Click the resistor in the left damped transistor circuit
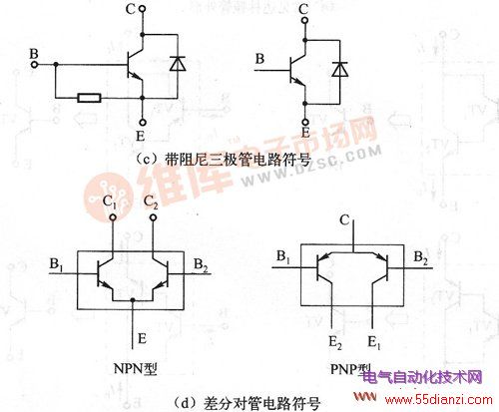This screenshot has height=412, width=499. [x=89, y=98]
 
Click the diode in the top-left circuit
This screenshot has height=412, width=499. [x=178, y=64]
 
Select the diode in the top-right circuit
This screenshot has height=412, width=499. [x=340, y=69]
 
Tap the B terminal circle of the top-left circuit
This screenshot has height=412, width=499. [x=34, y=64]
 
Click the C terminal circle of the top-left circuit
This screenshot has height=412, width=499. [x=143, y=9]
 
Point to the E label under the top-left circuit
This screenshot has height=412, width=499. [x=141, y=136]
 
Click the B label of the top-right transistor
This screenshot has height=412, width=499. [x=259, y=59]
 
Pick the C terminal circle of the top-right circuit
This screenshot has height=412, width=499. [x=304, y=21]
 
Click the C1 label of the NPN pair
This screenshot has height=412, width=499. [x=110, y=202]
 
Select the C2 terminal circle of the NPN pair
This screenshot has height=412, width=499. [x=153, y=217]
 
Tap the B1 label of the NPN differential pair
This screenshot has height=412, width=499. [x=57, y=265]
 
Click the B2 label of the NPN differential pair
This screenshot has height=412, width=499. [x=202, y=265]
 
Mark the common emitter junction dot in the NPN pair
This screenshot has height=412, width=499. [x=133, y=300]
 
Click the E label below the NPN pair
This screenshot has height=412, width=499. [x=142, y=339]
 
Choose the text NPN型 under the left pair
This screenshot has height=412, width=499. [x=136, y=368]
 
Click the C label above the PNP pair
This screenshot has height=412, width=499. [x=344, y=220]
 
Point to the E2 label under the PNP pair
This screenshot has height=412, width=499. [x=335, y=343]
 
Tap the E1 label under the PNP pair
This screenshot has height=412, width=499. [x=374, y=343]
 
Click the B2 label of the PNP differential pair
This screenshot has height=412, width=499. [x=421, y=258]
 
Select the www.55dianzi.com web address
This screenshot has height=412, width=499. [x=438, y=400]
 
